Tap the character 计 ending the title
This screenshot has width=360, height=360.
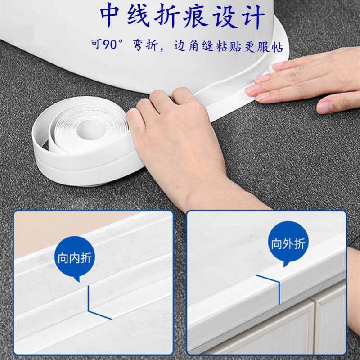[254, 17]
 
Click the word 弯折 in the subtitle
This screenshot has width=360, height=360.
[146, 45]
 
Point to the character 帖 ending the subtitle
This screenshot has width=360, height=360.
[277, 46]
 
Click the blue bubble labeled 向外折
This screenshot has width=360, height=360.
[288, 244]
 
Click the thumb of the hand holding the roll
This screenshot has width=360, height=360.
[135, 121]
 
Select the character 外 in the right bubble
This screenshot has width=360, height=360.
[288, 243]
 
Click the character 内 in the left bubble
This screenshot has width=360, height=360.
[75, 258]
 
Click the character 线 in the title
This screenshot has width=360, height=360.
[138, 16]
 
